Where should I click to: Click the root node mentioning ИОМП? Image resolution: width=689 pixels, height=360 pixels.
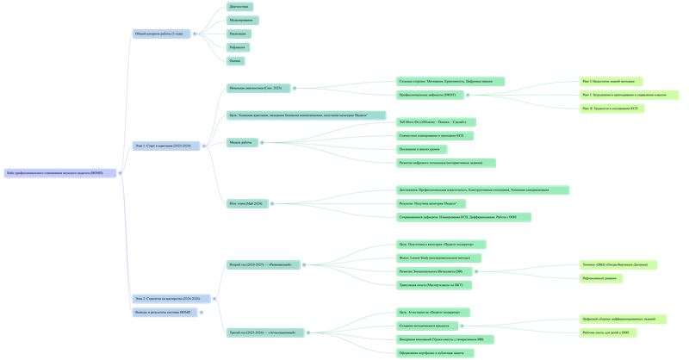[59, 173]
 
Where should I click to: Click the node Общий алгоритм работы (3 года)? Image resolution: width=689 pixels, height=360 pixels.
[158, 34]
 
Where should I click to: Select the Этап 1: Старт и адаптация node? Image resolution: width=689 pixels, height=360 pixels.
[163, 146]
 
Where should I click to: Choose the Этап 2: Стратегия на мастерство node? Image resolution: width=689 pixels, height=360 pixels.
[168, 298]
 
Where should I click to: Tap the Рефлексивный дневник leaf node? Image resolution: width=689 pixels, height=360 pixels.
[599, 278]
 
